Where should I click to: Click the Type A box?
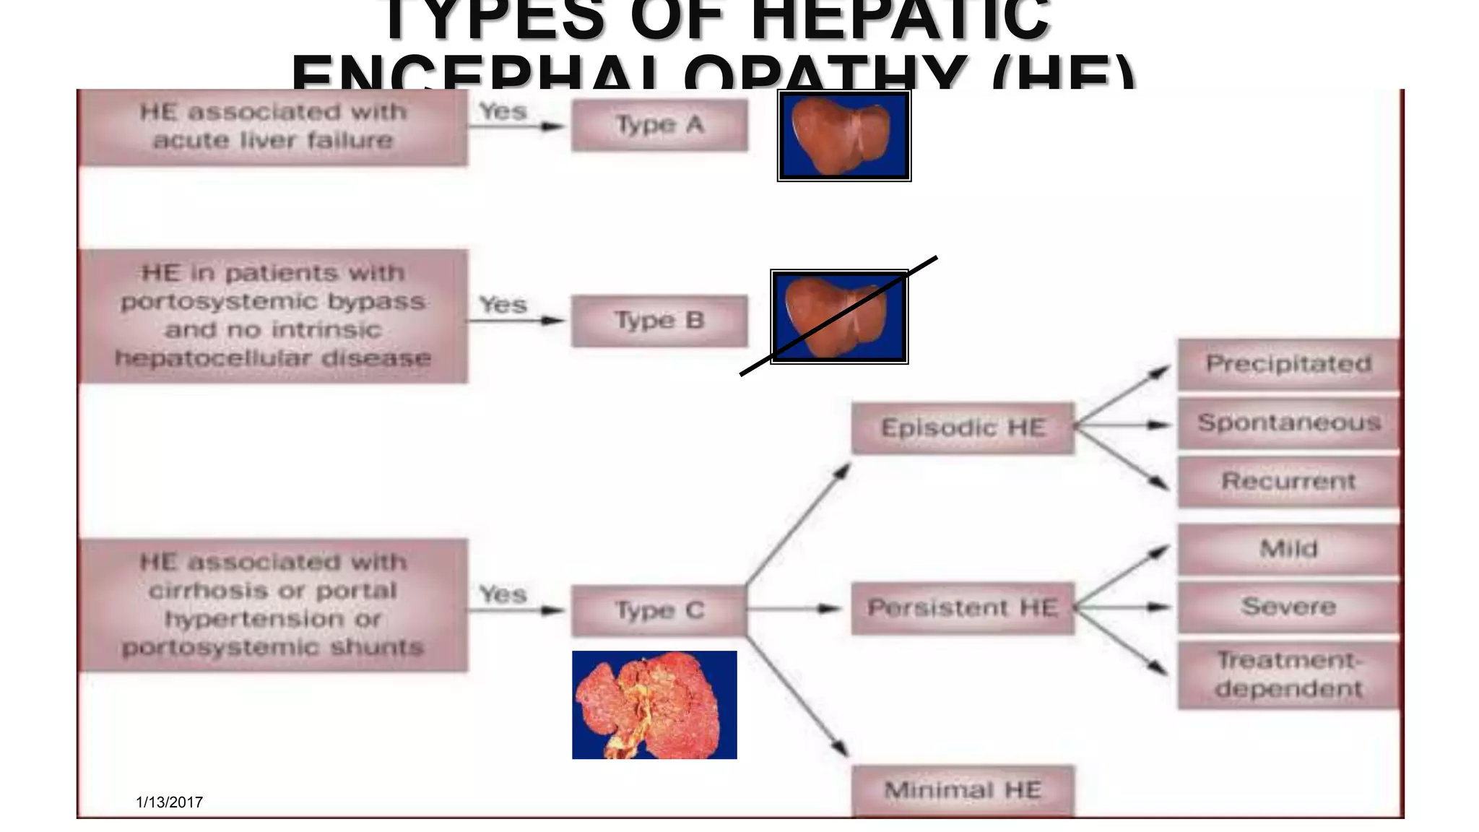(x=659, y=125)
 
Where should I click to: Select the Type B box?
(x=659, y=321)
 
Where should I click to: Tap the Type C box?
(x=659, y=610)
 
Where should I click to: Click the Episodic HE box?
(x=963, y=428)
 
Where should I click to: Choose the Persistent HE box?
(x=963, y=608)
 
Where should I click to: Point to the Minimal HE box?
(x=963, y=790)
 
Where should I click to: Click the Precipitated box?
(x=1288, y=364)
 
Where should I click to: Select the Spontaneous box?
(x=1288, y=422)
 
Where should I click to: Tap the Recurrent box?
(x=1288, y=481)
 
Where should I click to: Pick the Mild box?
(x=1288, y=549)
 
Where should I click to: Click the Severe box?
(x=1288, y=607)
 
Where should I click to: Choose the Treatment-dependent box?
(x=1288, y=675)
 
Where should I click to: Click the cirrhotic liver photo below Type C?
(x=654, y=705)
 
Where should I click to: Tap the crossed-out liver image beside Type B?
(x=839, y=317)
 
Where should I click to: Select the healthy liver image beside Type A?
(x=843, y=135)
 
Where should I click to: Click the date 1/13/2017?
(x=169, y=802)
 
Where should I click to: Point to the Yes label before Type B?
(x=503, y=305)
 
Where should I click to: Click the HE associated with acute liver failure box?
(x=273, y=126)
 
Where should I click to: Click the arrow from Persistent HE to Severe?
(x=1123, y=607)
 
